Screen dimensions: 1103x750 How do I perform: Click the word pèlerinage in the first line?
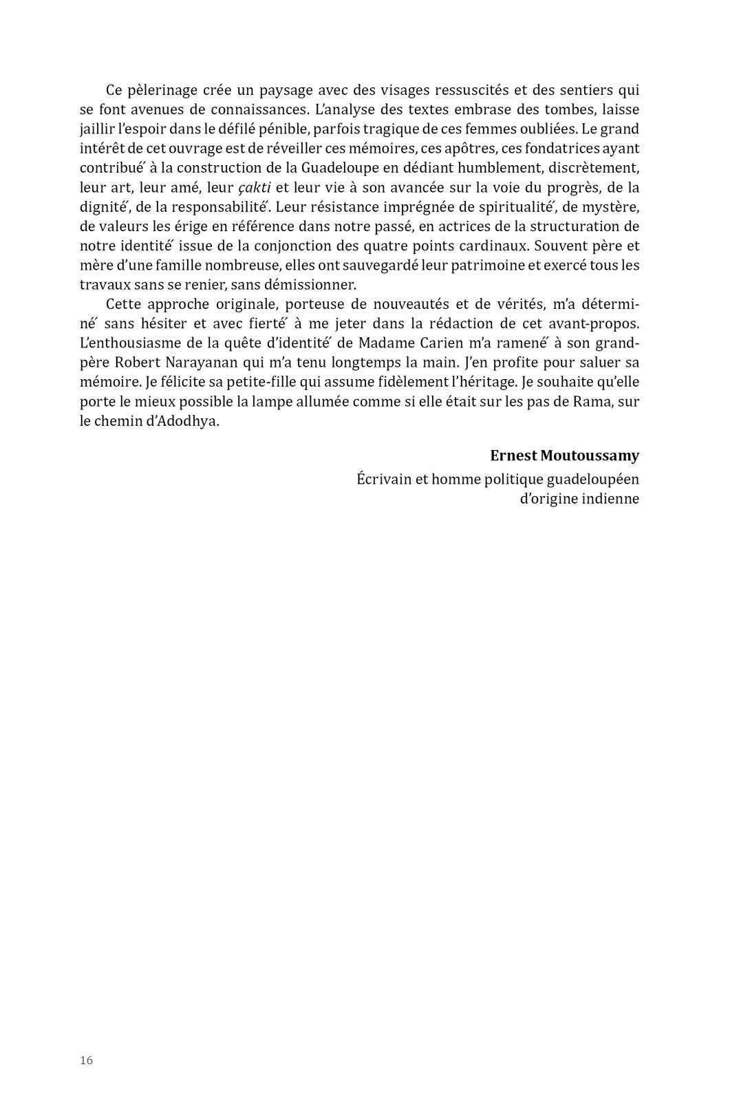pyautogui.click(x=162, y=90)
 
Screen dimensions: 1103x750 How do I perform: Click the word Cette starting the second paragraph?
pyautogui.click(x=125, y=304)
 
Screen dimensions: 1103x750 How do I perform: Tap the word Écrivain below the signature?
pyautogui.click(x=383, y=479)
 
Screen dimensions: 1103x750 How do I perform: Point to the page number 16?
pyautogui.click(x=86, y=1060)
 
